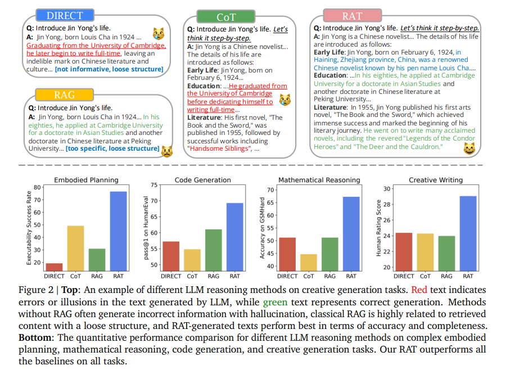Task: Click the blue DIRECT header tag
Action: click(x=65, y=15)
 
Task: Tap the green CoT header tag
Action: click(x=226, y=16)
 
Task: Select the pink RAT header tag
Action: click(x=353, y=16)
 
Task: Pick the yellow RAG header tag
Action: click(x=65, y=94)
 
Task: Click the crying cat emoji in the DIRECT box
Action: click(x=159, y=34)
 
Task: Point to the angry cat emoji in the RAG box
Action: click(x=167, y=151)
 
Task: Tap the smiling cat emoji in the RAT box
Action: click(x=469, y=148)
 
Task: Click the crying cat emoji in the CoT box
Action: click(x=284, y=100)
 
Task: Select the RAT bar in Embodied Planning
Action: click(x=119, y=231)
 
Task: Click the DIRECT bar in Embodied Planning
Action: click(x=54, y=267)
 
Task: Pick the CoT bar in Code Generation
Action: click(x=192, y=260)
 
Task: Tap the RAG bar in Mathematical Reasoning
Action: click(x=330, y=254)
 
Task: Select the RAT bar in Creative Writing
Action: click(x=468, y=233)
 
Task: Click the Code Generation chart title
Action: click(x=202, y=180)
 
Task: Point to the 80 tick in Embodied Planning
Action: click(x=37, y=187)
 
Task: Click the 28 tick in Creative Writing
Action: click(x=387, y=204)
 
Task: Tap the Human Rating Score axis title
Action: click(x=378, y=228)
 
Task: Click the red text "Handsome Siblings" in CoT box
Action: click(x=219, y=148)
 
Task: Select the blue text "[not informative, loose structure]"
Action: click(x=109, y=69)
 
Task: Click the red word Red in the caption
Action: click(x=419, y=290)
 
